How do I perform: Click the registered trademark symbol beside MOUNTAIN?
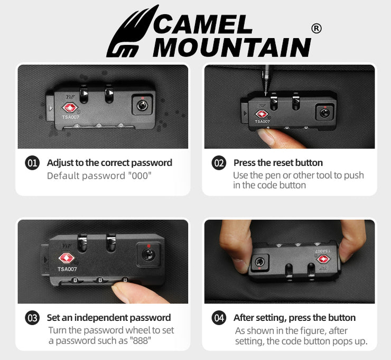coord(316,29)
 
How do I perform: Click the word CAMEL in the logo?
coord(202,24)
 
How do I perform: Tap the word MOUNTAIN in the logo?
coord(231,48)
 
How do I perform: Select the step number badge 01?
coord(32,163)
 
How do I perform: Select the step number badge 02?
coord(219,163)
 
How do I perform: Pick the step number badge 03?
coord(32,318)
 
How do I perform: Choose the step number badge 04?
coord(219,318)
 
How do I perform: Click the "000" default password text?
coord(139,176)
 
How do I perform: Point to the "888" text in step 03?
coord(140,340)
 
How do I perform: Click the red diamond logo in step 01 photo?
coord(70,107)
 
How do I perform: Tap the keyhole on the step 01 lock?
coord(142,106)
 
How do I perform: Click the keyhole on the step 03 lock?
coord(148,255)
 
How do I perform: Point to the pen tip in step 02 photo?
coord(266,94)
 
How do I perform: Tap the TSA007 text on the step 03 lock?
coord(67,269)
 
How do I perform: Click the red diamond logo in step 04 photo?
coord(324,259)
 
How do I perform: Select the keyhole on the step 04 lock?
coord(260,262)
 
